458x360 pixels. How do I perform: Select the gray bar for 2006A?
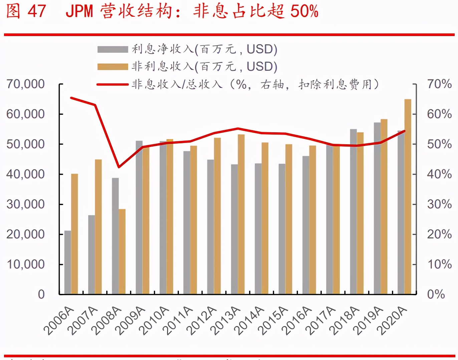point(67,262)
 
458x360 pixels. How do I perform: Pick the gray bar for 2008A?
point(115,236)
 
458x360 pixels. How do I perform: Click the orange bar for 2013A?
point(241,214)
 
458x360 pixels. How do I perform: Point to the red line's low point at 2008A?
point(119,167)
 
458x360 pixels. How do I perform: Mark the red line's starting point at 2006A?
point(71,98)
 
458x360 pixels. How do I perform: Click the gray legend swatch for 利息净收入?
point(112,49)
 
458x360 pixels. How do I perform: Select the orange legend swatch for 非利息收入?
point(112,67)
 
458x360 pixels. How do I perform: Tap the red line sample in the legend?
point(112,84)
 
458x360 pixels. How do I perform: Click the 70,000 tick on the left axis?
point(25,84)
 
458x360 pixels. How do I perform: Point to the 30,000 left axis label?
point(25,204)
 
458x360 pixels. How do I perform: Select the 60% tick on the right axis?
point(439,114)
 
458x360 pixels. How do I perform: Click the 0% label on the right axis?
point(436,294)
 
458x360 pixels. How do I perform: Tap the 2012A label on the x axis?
point(202,321)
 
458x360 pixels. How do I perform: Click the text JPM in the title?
point(79,11)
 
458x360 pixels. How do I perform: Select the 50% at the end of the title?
point(304,11)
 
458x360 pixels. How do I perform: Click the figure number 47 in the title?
point(36,11)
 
